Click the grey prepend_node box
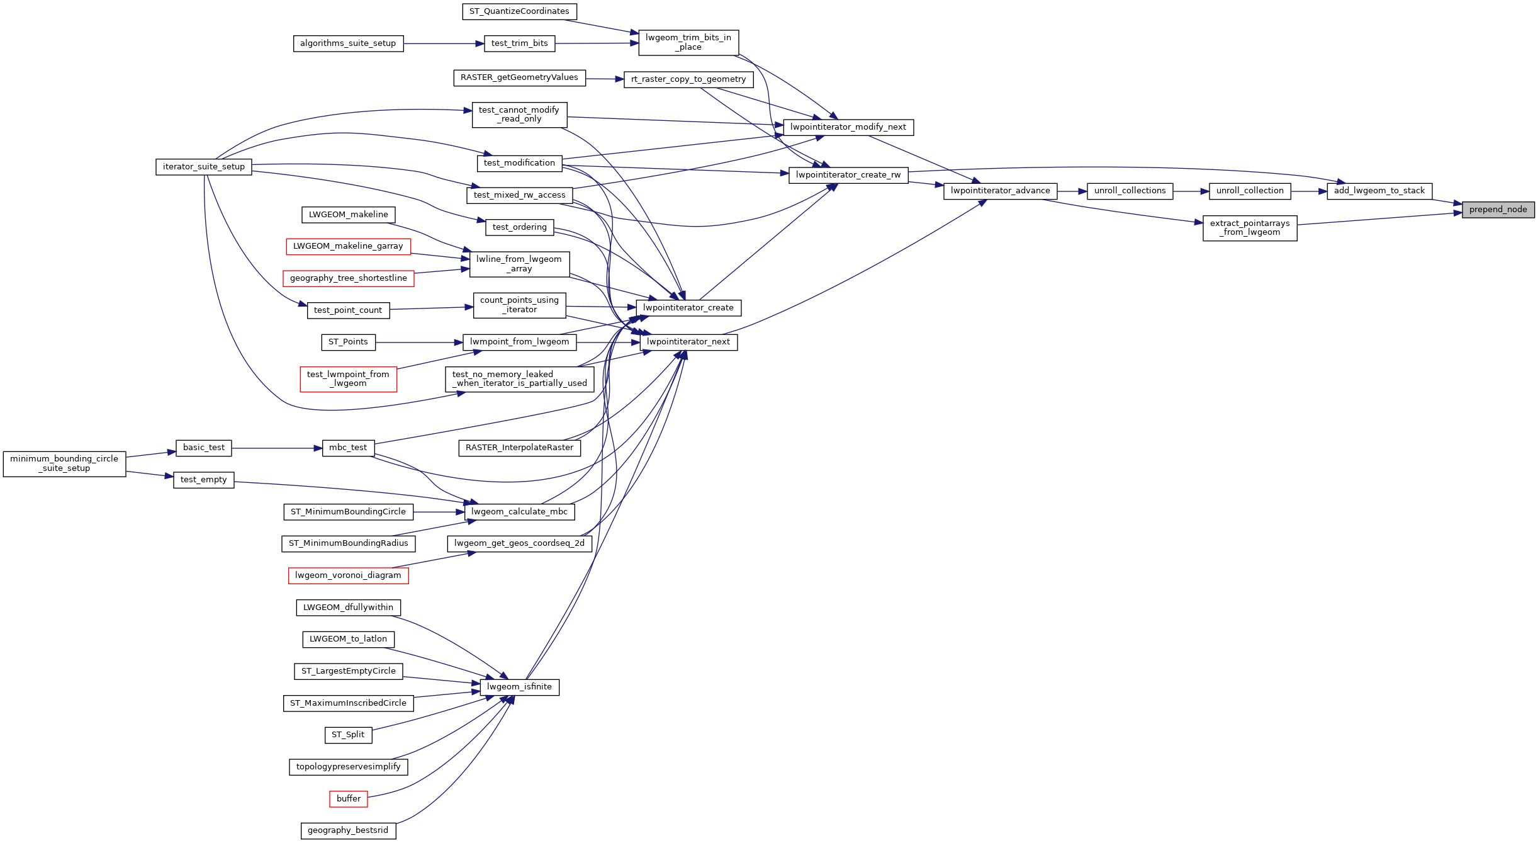click(x=1498, y=210)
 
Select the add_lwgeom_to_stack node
click(x=1379, y=191)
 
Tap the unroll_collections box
click(x=1130, y=191)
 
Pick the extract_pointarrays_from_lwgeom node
click(x=1249, y=228)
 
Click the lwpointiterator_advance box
click(x=1000, y=191)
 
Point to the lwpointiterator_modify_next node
click(x=848, y=127)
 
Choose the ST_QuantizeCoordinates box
click(x=519, y=11)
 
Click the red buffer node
click(x=348, y=799)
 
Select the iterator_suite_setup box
click(x=203, y=167)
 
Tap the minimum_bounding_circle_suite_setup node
click(x=64, y=464)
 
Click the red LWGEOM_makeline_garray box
click(x=348, y=246)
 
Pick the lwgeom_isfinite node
click(x=519, y=687)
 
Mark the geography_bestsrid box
click(x=348, y=830)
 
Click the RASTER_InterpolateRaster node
click(x=519, y=448)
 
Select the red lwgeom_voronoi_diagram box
click(x=348, y=575)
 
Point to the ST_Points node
click(x=348, y=342)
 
